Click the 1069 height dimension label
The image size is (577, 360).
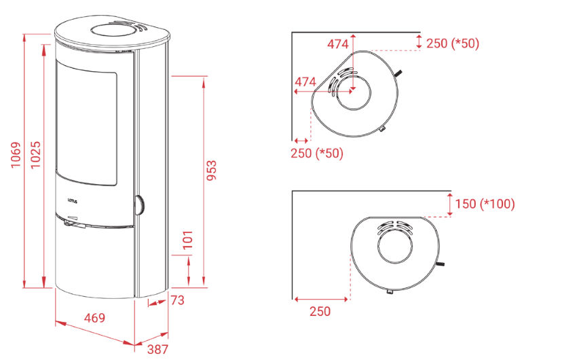(x=16, y=155)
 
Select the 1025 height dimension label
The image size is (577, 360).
(x=36, y=155)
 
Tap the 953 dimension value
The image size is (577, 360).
(x=211, y=170)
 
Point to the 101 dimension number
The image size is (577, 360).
(x=187, y=240)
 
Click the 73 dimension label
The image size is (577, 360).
(x=177, y=300)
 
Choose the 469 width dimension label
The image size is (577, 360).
(x=94, y=318)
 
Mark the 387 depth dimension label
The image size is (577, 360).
(x=158, y=349)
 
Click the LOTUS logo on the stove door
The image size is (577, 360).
(x=73, y=201)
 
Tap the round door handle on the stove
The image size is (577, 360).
(x=139, y=205)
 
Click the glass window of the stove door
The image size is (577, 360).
(x=86, y=122)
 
